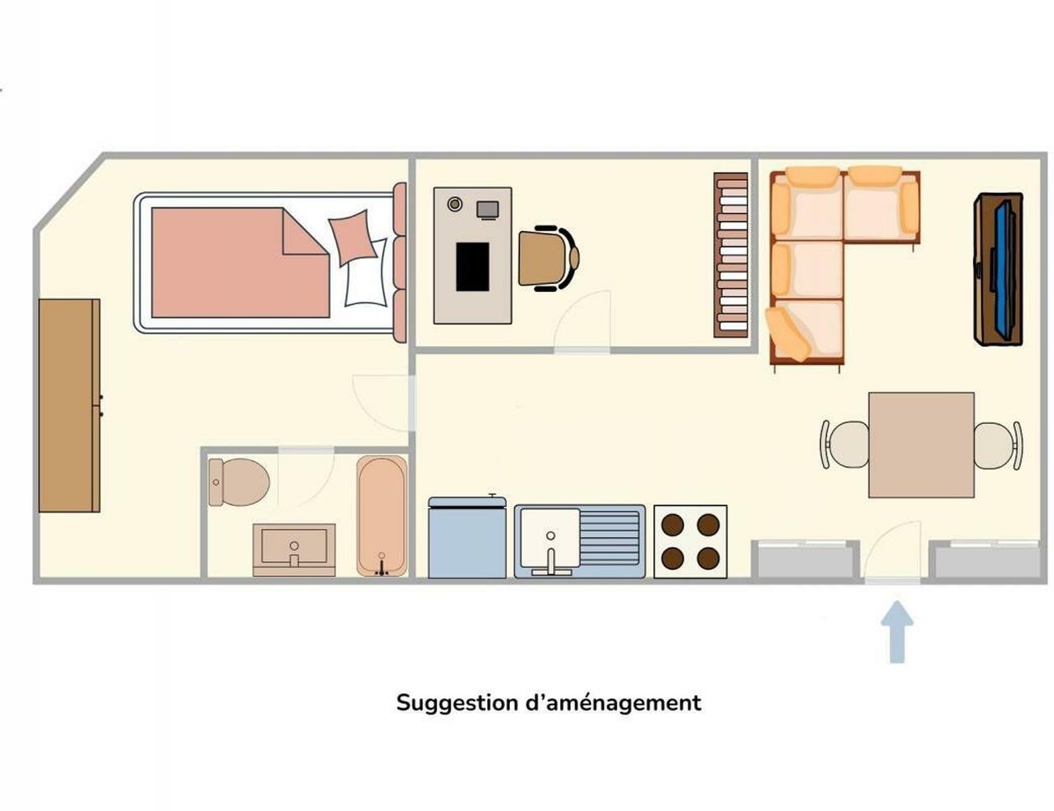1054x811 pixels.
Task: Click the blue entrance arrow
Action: coord(897,632)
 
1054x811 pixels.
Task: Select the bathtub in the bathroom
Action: coord(382,516)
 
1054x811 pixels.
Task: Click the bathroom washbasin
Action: coord(294,550)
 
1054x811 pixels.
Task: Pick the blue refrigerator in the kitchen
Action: coord(467,536)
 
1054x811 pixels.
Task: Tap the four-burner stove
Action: coord(690,542)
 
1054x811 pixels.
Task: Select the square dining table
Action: coord(921,445)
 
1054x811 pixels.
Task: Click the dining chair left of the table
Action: coord(845,444)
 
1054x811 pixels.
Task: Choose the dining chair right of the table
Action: coord(998,446)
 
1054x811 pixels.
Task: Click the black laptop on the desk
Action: coord(473,267)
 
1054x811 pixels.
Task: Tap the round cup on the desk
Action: coord(455,204)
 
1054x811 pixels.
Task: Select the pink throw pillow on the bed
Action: coord(353,238)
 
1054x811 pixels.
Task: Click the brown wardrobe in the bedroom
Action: coord(70,405)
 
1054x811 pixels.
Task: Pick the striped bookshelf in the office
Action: coord(731,255)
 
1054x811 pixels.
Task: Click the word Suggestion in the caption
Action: coord(457,704)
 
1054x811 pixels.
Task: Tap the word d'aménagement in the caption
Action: coord(614,704)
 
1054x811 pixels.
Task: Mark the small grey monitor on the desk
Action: coord(487,210)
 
